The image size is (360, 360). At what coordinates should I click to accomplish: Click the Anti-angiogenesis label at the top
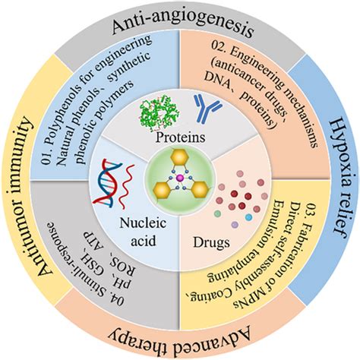[180, 28]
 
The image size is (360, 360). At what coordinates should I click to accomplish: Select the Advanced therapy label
[180, 335]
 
